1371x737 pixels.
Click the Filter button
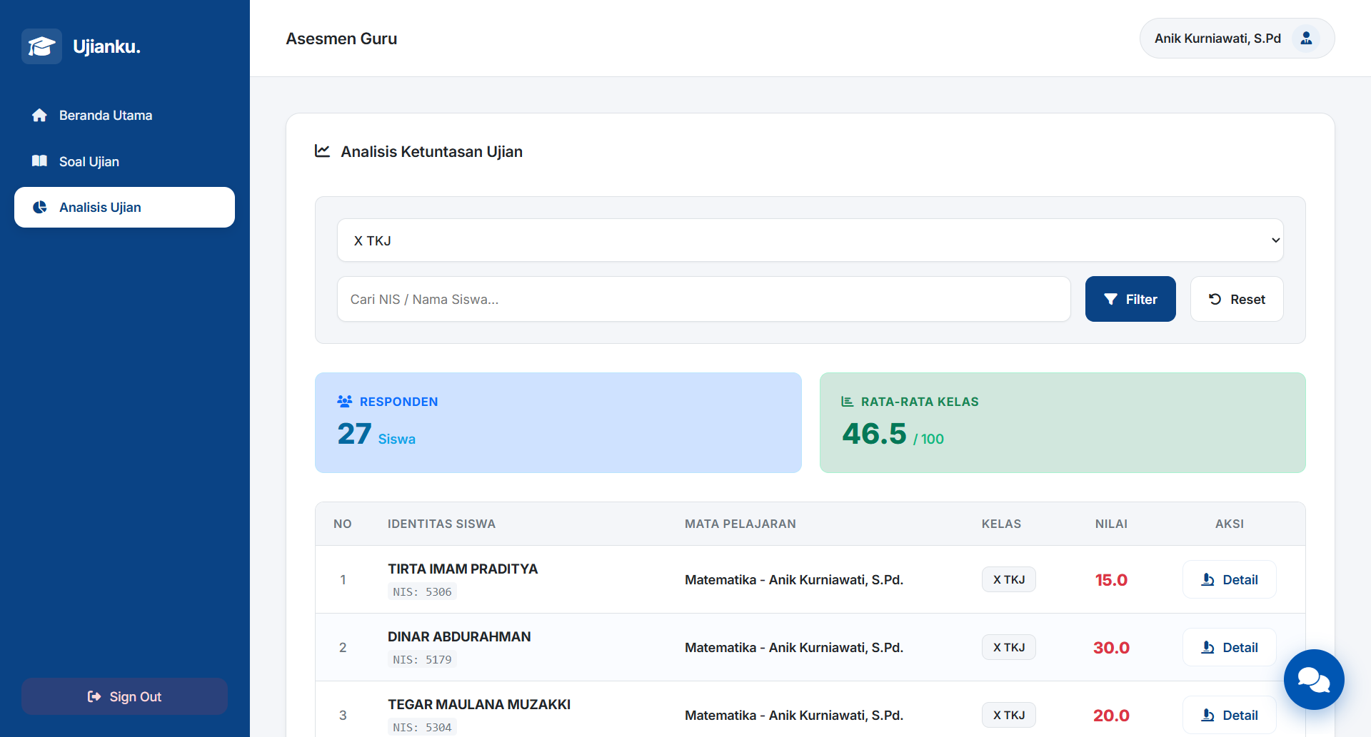(1130, 299)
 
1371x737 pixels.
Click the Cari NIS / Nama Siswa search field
(703, 299)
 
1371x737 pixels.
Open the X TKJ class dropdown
(810, 240)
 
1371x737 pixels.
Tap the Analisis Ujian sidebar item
(124, 208)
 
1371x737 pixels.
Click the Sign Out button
(124, 696)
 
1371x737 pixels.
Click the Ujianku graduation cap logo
(41, 46)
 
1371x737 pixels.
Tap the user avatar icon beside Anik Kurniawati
(1306, 39)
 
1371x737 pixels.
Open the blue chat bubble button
(1314, 679)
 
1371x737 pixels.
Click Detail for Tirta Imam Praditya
(1229, 579)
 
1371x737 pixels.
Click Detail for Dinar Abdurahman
(1229, 647)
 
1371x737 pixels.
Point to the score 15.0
(1111, 580)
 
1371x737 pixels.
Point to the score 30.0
(1111, 648)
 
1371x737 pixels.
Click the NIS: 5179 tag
(422, 659)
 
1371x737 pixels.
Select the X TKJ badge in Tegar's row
(1008, 715)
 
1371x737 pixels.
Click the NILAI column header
(1111, 524)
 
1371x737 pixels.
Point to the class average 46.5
(874, 434)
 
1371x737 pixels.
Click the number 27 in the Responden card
(354, 434)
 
